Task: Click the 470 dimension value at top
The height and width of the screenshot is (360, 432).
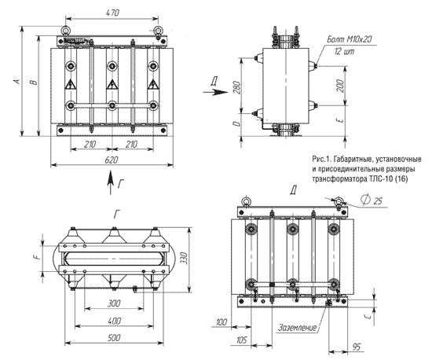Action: coord(112,13)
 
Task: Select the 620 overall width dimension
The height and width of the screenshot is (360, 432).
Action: coord(112,160)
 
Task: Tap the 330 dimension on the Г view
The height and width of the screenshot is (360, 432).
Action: coord(185,259)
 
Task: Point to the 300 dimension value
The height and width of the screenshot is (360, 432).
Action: coord(114,303)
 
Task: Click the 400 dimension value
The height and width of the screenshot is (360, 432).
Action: coord(115,321)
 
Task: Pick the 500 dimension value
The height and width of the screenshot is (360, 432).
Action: coord(114,338)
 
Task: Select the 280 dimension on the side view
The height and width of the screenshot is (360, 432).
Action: coord(237,87)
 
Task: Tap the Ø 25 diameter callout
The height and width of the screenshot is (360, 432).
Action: coord(372,200)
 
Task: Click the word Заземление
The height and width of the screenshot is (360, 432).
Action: coord(297,328)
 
